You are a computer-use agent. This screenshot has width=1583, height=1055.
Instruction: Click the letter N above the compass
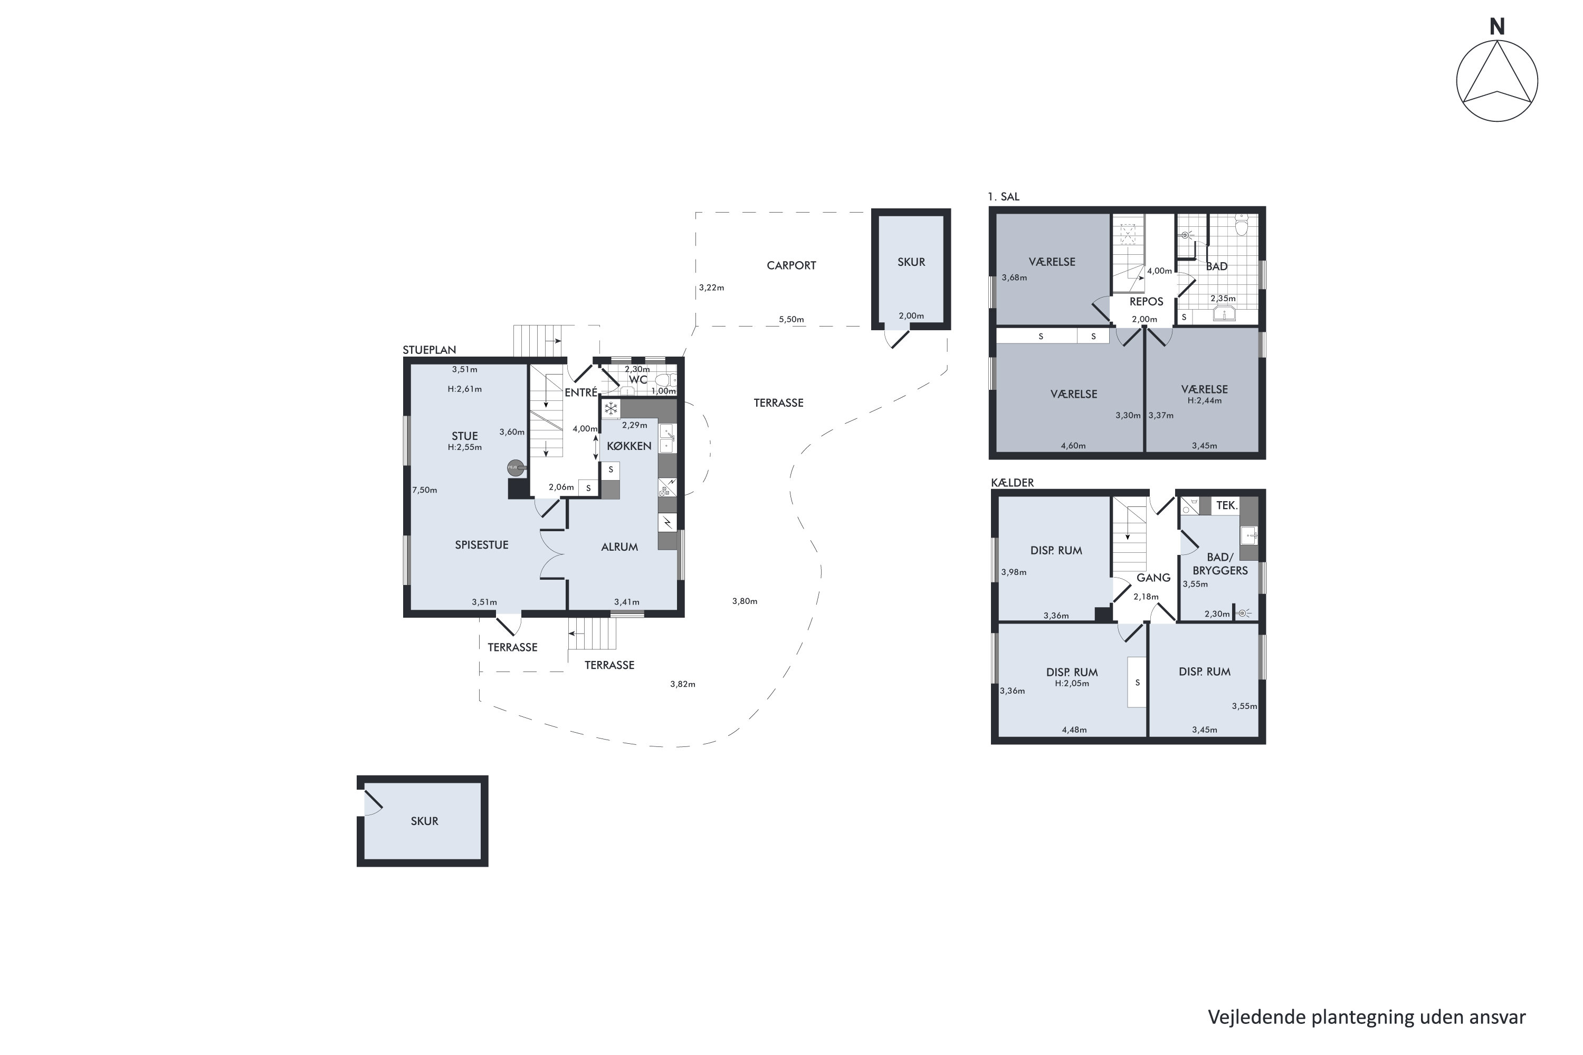tap(1497, 27)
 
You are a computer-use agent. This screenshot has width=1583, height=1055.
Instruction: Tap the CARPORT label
tap(791, 266)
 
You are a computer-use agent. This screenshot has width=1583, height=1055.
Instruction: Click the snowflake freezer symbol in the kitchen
tap(611, 408)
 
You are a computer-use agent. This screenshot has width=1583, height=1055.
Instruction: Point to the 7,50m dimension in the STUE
tap(425, 491)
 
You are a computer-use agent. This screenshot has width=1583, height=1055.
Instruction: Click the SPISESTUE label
tap(481, 545)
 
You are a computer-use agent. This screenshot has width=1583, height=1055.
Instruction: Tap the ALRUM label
tap(619, 547)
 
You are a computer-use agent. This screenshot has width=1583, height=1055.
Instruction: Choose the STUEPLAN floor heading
tap(430, 350)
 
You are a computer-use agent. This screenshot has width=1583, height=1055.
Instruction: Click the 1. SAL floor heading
tap(1004, 196)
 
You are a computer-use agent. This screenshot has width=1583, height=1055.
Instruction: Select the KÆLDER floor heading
tap(1012, 483)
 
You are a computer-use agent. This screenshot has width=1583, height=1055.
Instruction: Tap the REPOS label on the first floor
tap(1146, 301)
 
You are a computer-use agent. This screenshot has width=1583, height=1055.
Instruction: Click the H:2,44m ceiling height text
tap(1204, 400)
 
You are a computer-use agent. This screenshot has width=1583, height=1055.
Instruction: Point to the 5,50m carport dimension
tap(791, 320)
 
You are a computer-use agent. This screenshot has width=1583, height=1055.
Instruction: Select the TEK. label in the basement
tap(1227, 505)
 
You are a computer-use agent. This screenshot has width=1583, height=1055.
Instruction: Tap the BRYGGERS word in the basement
tap(1220, 571)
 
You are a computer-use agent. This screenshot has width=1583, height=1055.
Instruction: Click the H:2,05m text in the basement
tap(1072, 684)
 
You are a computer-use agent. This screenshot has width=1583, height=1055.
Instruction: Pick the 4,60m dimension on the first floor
tap(1073, 445)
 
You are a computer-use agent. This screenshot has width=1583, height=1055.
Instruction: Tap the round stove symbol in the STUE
tap(514, 467)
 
